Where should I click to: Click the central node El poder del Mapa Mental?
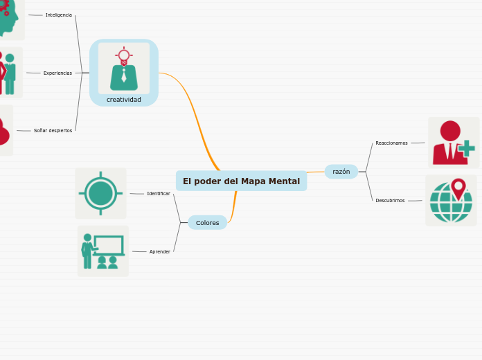(x=241, y=181)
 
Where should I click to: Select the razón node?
(x=341, y=172)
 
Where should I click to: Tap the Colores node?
(x=207, y=223)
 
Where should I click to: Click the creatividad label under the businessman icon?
(x=124, y=100)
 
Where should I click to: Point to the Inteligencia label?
(x=59, y=15)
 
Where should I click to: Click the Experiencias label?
(x=57, y=73)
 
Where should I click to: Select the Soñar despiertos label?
(x=53, y=130)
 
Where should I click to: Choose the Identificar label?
(x=159, y=193)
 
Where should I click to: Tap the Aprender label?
(x=160, y=251)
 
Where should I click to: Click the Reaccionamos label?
(x=391, y=143)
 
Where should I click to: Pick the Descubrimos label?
(x=390, y=200)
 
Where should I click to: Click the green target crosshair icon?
(x=100, y=193)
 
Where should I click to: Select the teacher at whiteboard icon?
(x=103, y=251)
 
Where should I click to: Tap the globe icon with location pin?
(x=451, y=201)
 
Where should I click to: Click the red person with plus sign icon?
(x=453, y=143)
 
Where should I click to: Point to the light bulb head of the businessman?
(x=124, y=55)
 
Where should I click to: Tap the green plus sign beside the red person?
(x=467, y=148)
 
